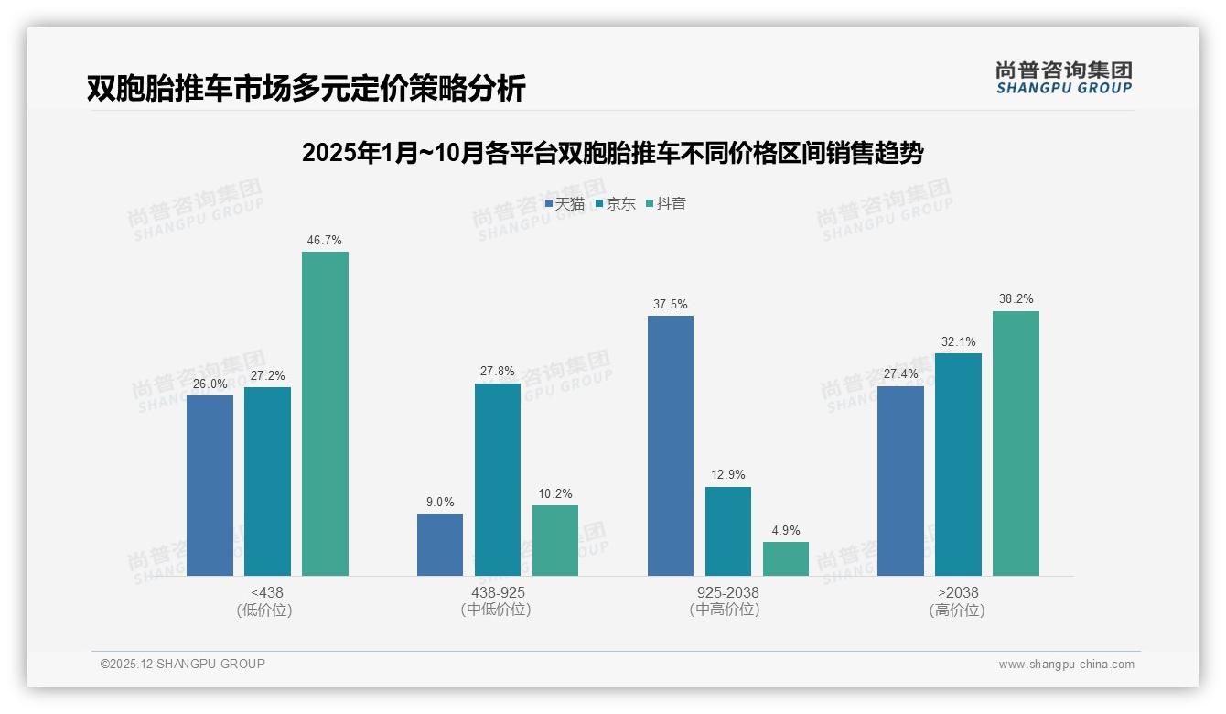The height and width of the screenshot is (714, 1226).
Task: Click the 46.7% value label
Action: [325, 241]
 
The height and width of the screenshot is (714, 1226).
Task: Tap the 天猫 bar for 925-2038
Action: [671, 446]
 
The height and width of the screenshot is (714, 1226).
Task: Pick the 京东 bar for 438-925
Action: [498, 480]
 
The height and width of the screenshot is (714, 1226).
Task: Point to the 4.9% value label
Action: [786, 530]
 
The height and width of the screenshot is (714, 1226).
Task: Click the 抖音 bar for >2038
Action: [1016, 443]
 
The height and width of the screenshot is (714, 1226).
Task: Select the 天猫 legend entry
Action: [565, 203]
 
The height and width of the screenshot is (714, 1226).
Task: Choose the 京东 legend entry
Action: [616, 203]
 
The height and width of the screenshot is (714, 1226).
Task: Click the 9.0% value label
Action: [440, 502]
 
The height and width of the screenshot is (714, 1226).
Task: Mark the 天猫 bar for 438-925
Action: [440, 545]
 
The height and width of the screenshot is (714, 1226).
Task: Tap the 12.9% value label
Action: [728, 475]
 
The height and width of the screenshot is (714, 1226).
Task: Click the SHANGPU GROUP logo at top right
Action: [1064, 78]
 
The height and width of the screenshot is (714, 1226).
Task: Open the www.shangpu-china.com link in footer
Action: [1066, 665]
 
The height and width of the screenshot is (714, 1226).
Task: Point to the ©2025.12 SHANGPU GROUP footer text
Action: [183, 664]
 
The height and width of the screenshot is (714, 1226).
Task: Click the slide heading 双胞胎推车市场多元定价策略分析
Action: [306, 89]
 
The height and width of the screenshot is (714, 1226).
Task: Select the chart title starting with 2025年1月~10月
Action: [612, 153]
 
